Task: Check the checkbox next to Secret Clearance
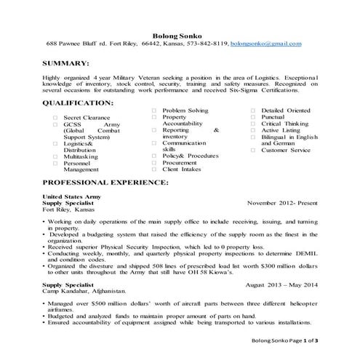[x=55, y=116]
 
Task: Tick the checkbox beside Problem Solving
[x=155, y=110]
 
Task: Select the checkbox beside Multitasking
[x=55, y=156]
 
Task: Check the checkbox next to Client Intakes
[x=155, y=169]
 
